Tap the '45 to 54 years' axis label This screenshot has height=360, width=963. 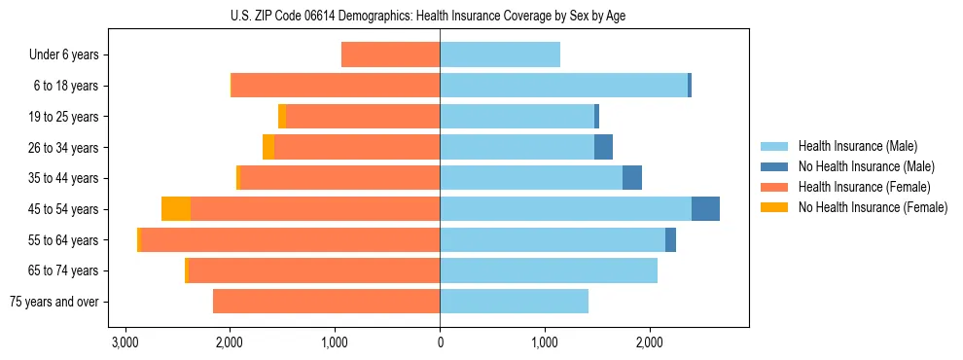[61, 209]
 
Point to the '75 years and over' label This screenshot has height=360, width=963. [54, 302]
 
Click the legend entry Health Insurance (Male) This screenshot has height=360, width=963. [857, 146]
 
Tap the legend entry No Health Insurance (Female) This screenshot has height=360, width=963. [873, 207]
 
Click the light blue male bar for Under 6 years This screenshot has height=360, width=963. [500, 55]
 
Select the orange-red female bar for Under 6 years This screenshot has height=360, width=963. [390, 55]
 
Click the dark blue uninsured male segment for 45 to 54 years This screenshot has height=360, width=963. [705, 209]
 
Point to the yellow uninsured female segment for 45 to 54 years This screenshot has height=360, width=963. [176, 209]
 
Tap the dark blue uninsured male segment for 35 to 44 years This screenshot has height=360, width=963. [632, 178]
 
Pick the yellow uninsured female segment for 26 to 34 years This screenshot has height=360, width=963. [268, 147]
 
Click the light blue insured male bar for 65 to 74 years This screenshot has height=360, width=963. [549, 270]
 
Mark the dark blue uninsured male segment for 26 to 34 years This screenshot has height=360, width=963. [603, 147]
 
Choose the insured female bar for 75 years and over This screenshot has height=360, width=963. [326, 302]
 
